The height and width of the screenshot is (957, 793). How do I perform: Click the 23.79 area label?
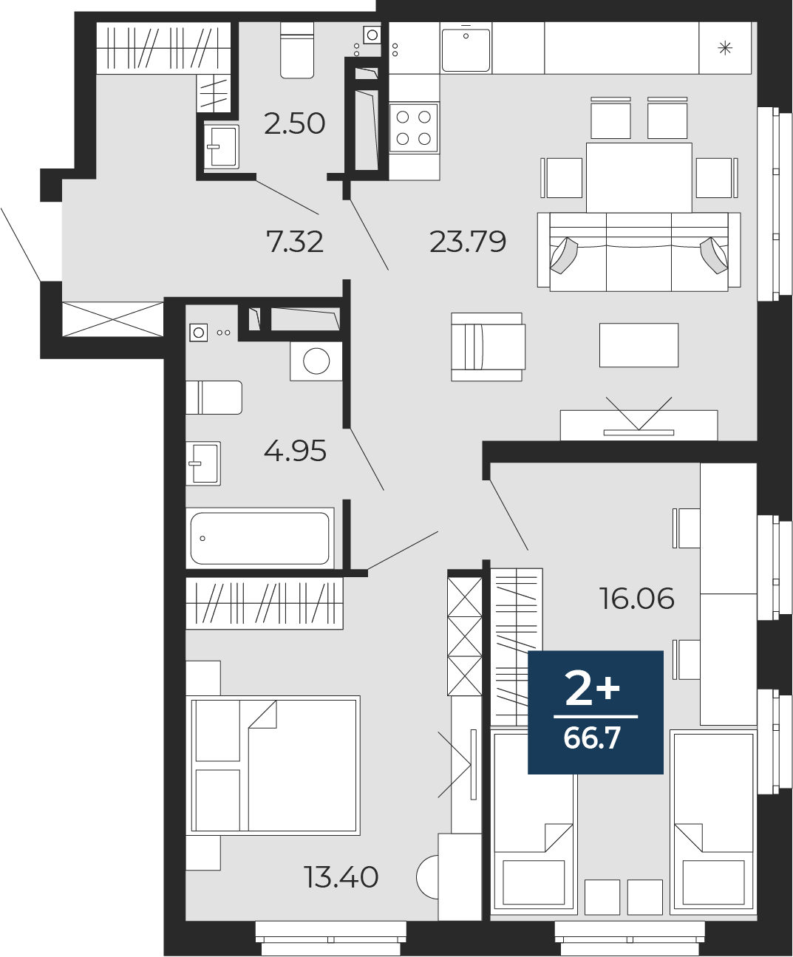[x=468, y=242]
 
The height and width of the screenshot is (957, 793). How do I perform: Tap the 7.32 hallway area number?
[x=295, y=242]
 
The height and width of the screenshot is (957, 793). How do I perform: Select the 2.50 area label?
[x=294, y=123]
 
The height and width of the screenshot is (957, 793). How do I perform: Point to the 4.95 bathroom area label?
[x=295, y=451]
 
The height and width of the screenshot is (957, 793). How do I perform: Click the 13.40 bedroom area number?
[x=341, y=877]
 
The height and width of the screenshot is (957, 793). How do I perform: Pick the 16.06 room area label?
[x=637, y=599]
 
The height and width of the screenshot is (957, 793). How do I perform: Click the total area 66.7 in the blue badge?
[x=592, y=738]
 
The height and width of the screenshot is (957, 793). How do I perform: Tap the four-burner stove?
[x=413, y=128]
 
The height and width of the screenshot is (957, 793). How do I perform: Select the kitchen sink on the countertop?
[x=466, y=49]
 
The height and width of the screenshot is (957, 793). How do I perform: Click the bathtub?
[x=260, y=538]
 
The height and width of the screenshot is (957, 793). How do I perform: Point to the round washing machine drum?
[x=316, y=361]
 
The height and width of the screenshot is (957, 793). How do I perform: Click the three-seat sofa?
[x=639, y=251]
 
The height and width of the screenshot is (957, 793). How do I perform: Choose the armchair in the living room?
[x=489, y=347]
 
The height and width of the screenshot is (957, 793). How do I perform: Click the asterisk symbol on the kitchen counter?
[x=725, y=48]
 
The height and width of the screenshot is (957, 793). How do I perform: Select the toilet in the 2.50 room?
[x=297, y=50]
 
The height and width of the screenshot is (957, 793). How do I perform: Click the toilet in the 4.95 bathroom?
[x=214, y=398]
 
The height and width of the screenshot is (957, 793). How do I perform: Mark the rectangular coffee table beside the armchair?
[x=639, y=345]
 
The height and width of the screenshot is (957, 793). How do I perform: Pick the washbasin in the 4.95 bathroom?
[x=203, y=463]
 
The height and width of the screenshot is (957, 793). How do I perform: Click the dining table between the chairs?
[x=639, y=177]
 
